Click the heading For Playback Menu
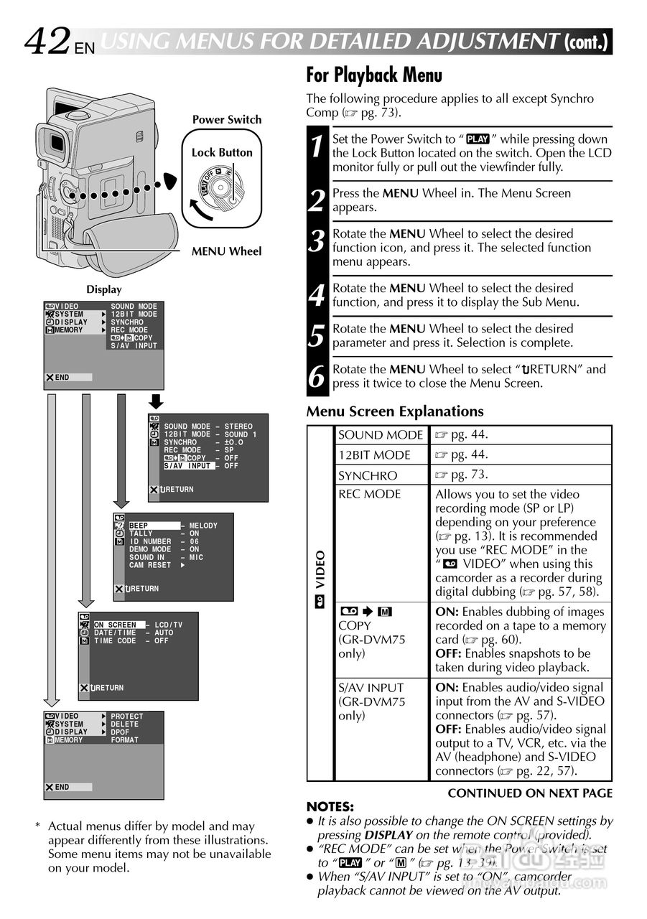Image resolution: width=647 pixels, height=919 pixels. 374,75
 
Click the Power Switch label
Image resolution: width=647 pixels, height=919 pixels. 227,120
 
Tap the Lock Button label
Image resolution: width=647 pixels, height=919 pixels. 222,152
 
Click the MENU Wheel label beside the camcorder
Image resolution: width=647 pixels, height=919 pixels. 226,251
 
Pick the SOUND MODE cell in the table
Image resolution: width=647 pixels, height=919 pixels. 381,435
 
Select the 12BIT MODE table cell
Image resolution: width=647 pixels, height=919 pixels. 374,455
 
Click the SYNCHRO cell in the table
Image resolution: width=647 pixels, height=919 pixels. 368,475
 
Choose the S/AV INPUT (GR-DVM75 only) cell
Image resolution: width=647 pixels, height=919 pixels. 371,701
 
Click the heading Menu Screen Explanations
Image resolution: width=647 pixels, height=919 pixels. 395,411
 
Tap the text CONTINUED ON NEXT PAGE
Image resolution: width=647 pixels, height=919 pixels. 530,793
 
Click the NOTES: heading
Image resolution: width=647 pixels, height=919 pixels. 330,806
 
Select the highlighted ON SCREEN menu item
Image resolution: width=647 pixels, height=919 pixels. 115,625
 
